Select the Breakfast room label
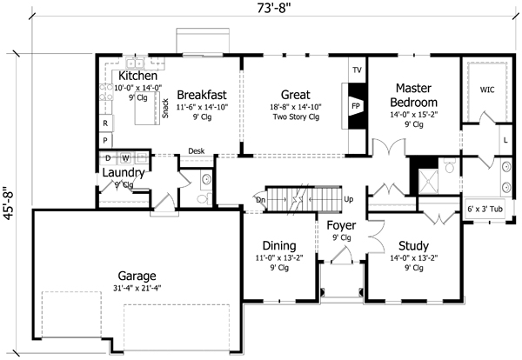(x=203, y=94)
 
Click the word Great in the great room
(x=296, y=94)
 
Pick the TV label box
(x=356, y=70)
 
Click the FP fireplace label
(x=355, y=104)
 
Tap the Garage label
(x=137, y=275)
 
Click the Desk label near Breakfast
(x=196, y=150)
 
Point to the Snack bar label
(x=164, y=108)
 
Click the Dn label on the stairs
(x=260, y=199)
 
